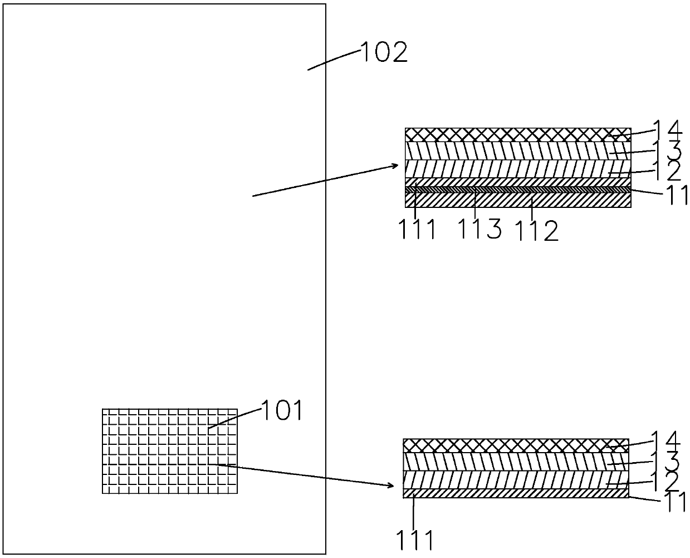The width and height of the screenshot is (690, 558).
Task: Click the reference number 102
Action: pyautogui.click(x=384, y=53)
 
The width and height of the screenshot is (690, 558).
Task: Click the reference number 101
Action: pyautogui.click(x=282, y=411)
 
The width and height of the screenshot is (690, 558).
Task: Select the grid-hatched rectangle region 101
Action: pyautogui.click(x=169, y=451)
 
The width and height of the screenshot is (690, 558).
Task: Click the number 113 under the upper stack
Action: pyautogui.click(x=480, y=229)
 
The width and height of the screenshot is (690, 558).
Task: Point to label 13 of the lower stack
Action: pyautogui.click(x=666, y=460)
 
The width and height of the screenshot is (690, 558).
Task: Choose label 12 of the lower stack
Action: pyautogui.click(x=666, y=480)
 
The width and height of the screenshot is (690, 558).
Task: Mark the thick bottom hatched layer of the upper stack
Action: pyautogui.click(x=518, y=200)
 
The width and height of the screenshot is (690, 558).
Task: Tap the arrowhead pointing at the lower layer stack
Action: pyautogui.click(x=390, y=485)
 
